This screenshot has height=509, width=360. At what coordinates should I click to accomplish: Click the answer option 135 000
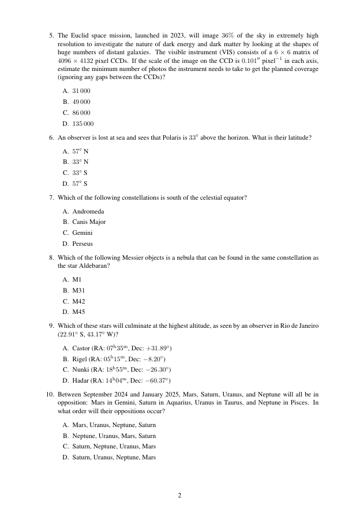click(82, 123)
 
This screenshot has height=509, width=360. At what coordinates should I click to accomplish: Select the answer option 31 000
click(81, 91)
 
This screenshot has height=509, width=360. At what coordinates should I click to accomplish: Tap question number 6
click(52, 138)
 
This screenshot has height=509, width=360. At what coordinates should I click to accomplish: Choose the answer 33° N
click(80, 162)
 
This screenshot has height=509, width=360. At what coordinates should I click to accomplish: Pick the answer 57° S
click(80, 184)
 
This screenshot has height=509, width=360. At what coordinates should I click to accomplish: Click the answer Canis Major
click(89, 222)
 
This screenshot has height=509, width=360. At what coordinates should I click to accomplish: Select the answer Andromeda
click(88, 211)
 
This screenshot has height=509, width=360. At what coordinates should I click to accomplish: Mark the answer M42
click(78, 301)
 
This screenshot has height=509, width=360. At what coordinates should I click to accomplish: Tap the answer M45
click(78, 312)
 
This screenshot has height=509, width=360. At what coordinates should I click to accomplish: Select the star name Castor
click(81, 349)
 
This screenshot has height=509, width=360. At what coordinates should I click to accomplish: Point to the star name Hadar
click(81, 381)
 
